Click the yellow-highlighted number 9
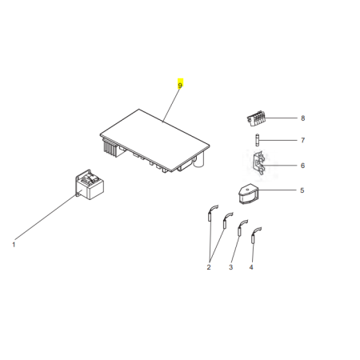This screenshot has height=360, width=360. coord(180,86)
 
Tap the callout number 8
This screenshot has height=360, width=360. coord(302,118)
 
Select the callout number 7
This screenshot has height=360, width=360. coord(302,140)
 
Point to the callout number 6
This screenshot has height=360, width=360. coord(302,166)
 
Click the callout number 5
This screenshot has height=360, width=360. coord(302,190)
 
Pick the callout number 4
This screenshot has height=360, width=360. coord(251,267)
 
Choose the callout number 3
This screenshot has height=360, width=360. coord(231,267)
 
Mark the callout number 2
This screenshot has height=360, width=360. coord(209,267)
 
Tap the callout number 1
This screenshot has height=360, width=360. coord(14,245)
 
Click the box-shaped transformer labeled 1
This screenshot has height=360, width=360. coord(90,185)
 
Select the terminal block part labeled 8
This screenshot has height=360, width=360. coord(256,118)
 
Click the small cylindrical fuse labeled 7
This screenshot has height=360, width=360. coord(257,140)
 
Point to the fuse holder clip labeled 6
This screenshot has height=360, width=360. coord(259,162)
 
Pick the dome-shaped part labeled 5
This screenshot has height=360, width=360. coord(248,194)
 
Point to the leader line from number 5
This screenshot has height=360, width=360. coord(277,190)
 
